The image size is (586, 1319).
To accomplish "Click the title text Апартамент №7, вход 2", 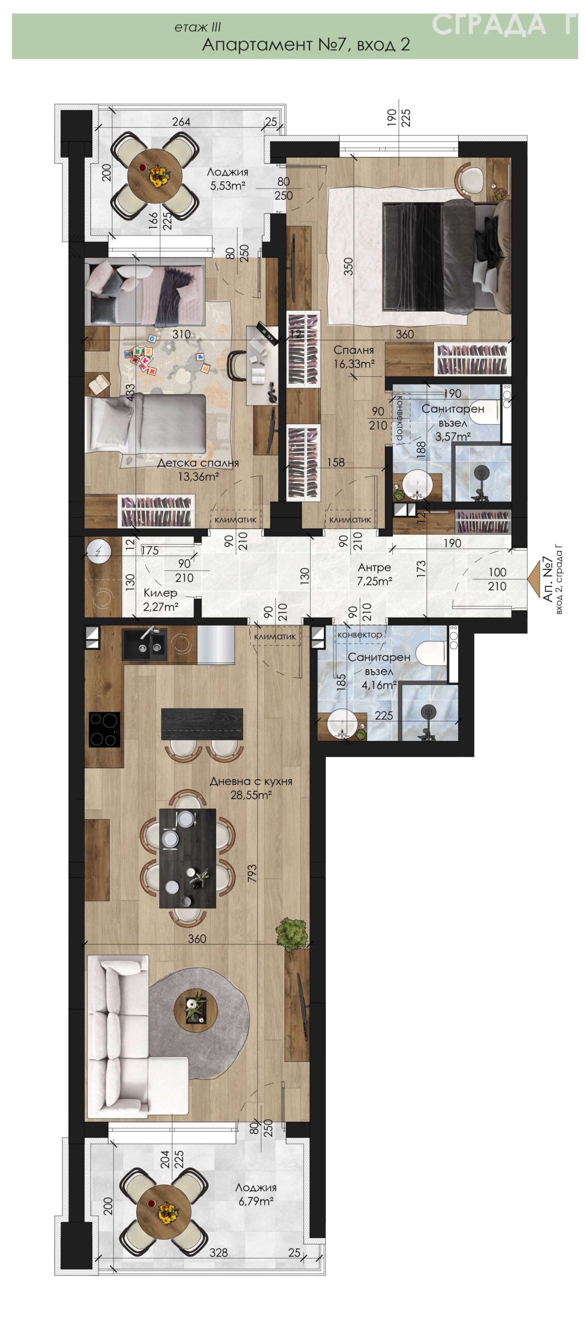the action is pos(306,45).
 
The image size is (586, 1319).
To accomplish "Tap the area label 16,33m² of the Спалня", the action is pos(354,364).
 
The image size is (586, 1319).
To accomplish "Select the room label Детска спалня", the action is pos(198,463).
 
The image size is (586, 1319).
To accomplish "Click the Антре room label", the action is pos(375,567).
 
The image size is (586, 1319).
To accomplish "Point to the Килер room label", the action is pos(160,593).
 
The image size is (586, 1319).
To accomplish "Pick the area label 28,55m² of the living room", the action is pos(251,795).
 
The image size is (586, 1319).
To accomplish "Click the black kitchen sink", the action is pos(144,644).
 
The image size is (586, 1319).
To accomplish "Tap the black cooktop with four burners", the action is pos(105,729).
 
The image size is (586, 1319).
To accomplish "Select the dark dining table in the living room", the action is pos(188,858).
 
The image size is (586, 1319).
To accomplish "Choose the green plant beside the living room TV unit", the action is pos(292,932).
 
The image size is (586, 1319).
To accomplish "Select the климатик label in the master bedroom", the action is pos(350,519).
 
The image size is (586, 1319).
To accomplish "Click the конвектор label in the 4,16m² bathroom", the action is pos(360,634).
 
